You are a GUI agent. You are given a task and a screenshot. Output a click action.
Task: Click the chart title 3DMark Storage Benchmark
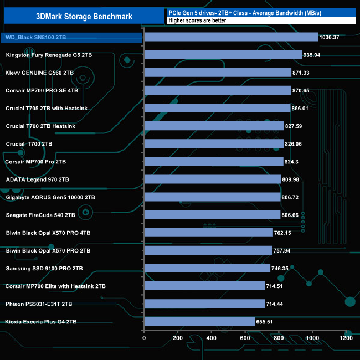(x=84, y=16)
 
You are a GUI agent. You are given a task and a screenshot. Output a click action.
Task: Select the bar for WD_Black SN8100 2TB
(x=230, y=37)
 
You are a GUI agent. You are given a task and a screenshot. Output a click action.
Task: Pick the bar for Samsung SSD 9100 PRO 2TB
(x=207, y=268)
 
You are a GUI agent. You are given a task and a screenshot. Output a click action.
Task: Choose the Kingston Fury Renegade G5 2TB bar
(x=223, y=55)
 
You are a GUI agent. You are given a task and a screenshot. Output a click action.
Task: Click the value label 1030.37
(x=332, y=37)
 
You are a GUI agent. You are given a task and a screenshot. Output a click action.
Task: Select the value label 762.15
(x=286, y=233)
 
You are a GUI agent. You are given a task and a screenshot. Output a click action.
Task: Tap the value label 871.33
(x=304, y=73)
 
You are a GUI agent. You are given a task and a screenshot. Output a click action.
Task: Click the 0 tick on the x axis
(x=144, y=338)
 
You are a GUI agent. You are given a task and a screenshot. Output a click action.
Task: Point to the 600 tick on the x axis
(x=245, y=338)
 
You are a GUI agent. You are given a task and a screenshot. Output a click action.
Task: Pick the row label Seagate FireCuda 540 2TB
(x=40, y=215)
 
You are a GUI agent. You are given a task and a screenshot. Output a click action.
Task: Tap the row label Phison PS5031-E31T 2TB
(x=39, y=304)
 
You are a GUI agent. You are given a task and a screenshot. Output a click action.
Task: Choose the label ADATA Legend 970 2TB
(x=37, y=179)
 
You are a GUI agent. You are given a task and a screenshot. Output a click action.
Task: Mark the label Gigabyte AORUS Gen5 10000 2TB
(x=50, y=197)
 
